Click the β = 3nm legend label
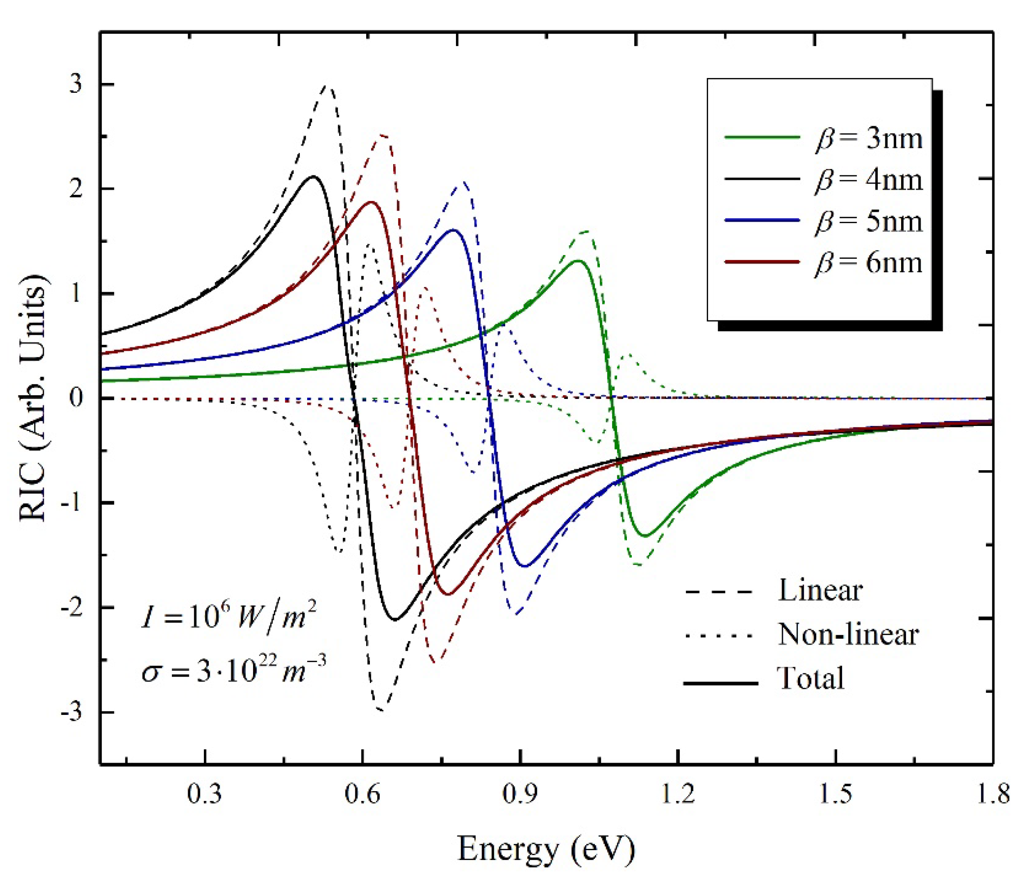869,139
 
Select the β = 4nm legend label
869,180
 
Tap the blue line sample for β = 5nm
762,221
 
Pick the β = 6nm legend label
869,262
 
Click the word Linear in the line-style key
820,590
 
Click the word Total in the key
810,678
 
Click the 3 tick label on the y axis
75,84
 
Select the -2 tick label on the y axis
70,607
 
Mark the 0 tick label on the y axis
75,398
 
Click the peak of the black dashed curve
326,86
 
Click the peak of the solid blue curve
453,230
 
